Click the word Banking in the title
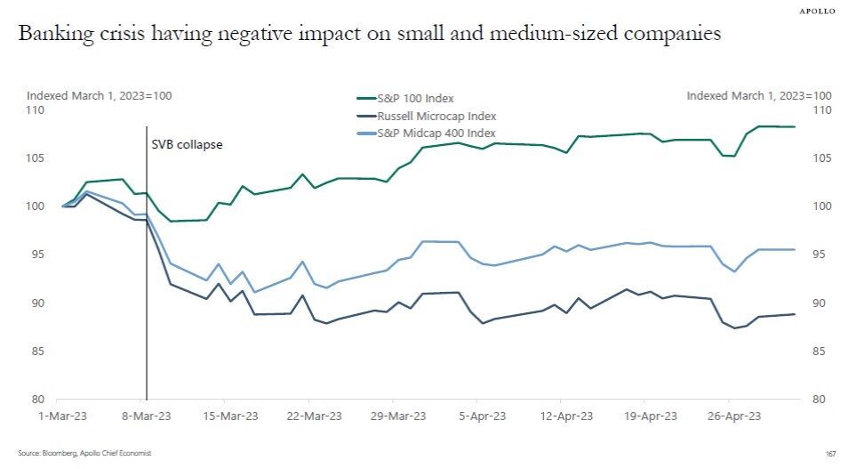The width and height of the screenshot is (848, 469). [x=55, y=36]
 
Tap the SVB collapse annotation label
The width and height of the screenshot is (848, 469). [x=186, y=144]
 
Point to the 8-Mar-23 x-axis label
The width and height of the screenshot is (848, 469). [x=146, y=415]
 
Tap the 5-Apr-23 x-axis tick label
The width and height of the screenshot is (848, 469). [x=483, y=415]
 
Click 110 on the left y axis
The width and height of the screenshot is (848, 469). [x=36, y=110]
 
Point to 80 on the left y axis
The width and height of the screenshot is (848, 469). [x=38, y=400]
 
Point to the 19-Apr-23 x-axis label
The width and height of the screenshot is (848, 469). [x=651, y=415]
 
